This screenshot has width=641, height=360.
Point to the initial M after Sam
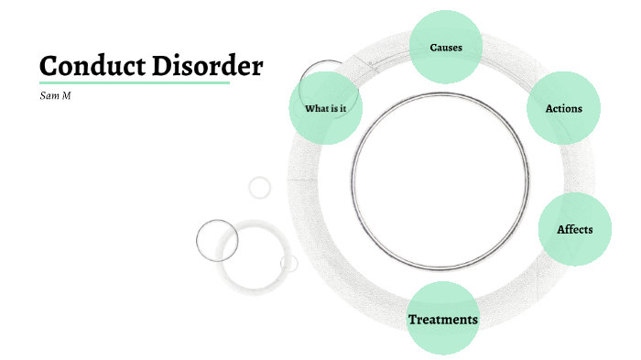66,95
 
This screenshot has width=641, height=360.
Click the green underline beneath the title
134,83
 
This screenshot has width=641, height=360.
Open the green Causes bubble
446,47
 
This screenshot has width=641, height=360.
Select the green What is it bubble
326,109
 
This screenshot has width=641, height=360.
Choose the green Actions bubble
563,108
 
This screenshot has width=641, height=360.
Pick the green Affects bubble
574,229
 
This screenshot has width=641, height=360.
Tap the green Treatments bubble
442,319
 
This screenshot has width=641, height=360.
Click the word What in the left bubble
316,109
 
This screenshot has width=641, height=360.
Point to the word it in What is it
342,109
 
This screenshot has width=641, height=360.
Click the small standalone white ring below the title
260,188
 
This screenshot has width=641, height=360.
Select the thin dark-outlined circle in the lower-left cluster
217,241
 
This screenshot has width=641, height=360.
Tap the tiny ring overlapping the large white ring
288,264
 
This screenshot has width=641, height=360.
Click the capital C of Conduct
49,66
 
